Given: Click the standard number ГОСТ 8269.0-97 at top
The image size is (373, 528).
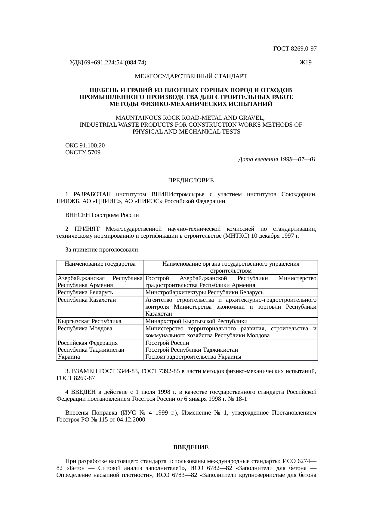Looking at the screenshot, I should pyautogui.click(x=295, y=48).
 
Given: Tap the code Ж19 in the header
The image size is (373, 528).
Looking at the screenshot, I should pyautogui.click(x=305, y=63).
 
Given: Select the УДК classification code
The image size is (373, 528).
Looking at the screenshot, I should pyautogui.click(x=108, y=63).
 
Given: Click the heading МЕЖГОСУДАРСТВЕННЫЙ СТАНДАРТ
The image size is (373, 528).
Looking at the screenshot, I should pyautogui.click(x=191, y=76).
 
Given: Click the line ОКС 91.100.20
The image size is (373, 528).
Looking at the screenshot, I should pyautogui.click(x=85, y=146).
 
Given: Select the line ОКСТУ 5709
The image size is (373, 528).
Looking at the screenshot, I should pyautogui.click(x=83, y=153).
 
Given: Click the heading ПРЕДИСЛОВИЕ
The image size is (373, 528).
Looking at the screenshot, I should pyautogui.click(x=191, y=181).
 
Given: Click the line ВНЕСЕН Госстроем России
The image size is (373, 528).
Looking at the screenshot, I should pyautogui.click(x=102, y=215).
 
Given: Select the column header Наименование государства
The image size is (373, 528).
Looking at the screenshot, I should pyautogui.click(x=100, y=264).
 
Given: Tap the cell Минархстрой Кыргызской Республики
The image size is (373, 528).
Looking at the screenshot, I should pyautogui.click(x=196, y=321).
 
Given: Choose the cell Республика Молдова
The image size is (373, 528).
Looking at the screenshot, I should pyautogui.click(x=85, y=329).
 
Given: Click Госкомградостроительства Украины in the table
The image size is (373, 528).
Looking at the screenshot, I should pyautogui.click(x=193, y=357).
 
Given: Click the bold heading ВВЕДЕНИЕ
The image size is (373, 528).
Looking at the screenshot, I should pyautogui.click(x=191, y=447).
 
